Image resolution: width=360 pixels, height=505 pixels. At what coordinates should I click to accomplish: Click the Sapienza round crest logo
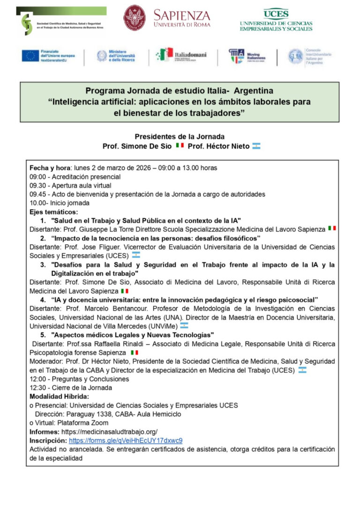pyautogui.click(x=135, y=18)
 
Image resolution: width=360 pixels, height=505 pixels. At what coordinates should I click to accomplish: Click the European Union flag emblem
pyautogui.click(x=30, y=56)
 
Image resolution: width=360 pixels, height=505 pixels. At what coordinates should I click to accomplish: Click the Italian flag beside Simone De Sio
pyautogui.click(x=180, y=146)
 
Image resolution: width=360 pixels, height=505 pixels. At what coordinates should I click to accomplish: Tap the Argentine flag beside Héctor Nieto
pyautogui.click(x=256, y=146)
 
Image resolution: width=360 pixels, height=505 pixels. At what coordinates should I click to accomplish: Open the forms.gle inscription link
pyautogui.click(x=125, y=440)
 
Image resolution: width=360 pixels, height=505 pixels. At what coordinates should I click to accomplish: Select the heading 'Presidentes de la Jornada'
pyautogui.click(x=180, y=136)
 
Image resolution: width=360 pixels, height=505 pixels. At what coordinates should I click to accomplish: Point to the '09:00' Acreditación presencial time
pyautogui.click(x=37, y=177)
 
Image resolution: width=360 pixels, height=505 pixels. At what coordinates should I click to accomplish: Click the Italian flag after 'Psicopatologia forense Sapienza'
pyautogui.click(x=134, y=352)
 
